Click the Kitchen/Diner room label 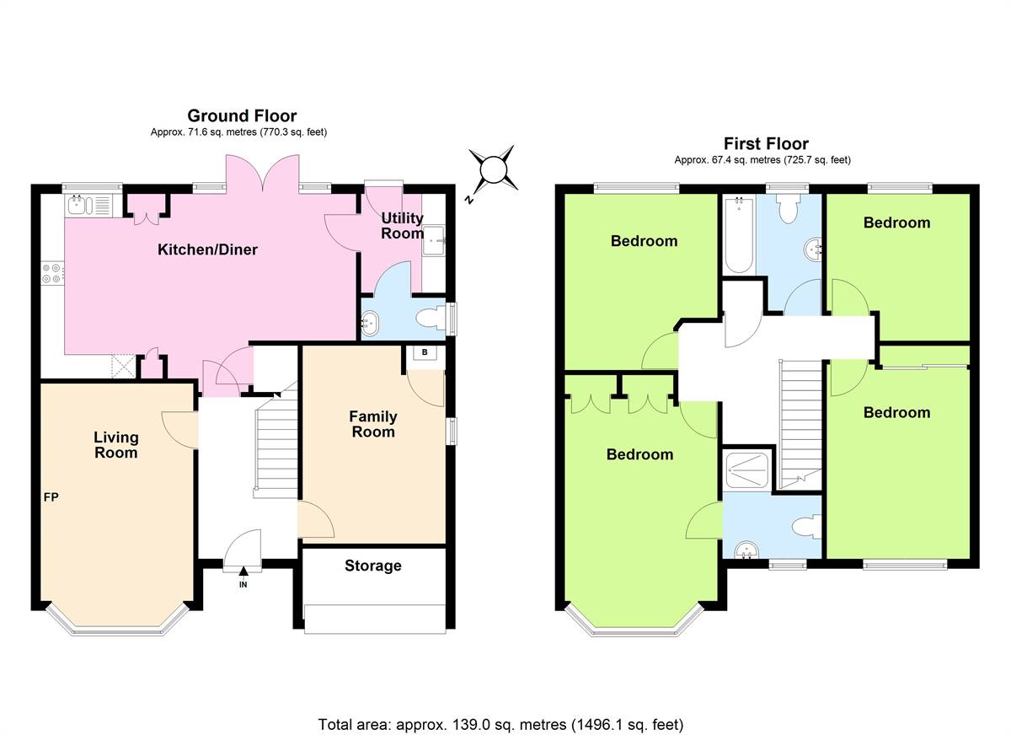[207, 249]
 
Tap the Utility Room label [402, 226]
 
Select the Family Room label [373, 424]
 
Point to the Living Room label [116, 445]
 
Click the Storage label [372, 566]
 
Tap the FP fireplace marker [51, 497]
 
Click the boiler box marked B [425, 352]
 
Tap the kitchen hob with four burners [52, 274]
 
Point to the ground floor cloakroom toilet [431, 319]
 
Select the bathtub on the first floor [739, 235]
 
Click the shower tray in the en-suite [747, 470]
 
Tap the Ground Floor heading [242, 116]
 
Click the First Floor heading [766, 144]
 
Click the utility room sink [434, 240]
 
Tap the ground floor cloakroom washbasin [371, 323]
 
